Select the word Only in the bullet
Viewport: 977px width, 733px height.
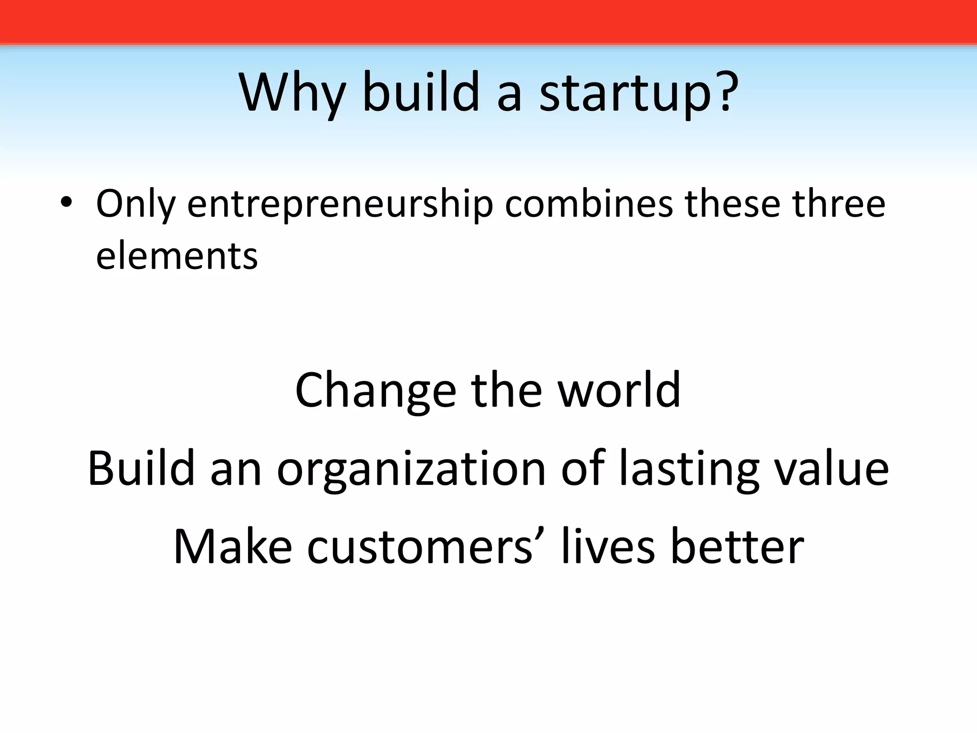(135, 204)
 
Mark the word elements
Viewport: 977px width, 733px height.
(177, 256)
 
